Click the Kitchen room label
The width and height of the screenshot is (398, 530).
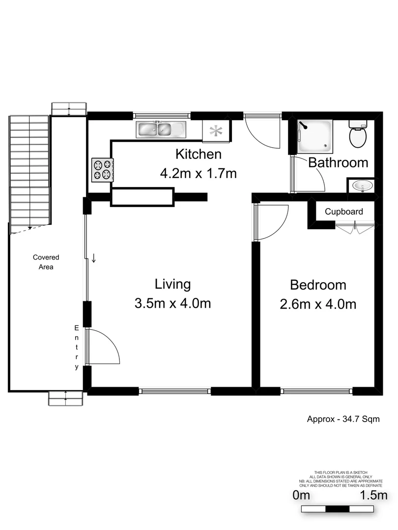pos(199,154)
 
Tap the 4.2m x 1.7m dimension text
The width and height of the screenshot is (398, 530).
pos(199,173)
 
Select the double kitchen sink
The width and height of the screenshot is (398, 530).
pos(161,130)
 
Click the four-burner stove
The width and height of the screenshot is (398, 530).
pos(102,170)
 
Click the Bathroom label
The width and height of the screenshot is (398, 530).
pos(338,162)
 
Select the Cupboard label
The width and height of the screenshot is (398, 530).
pos(344,212)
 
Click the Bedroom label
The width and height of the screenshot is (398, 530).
pos(318,285)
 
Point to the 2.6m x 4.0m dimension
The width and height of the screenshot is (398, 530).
pos(318,304)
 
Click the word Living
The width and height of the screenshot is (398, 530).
pos(172,284)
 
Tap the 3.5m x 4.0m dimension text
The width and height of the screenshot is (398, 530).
pos(172,303)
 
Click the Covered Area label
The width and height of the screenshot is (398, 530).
pos(46,262)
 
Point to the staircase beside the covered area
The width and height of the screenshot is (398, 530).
pos(29,169)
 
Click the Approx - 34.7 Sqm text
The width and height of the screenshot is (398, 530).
pos(343,419)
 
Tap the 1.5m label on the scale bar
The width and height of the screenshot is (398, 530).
pos(374,495)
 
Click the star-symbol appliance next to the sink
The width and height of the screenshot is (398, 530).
pos(216,131)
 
